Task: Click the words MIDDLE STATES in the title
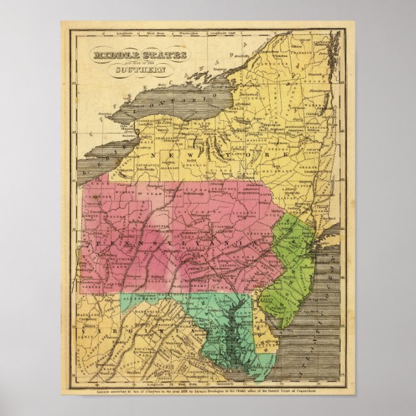coord(132,57)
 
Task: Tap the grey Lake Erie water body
coord(103,155)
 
